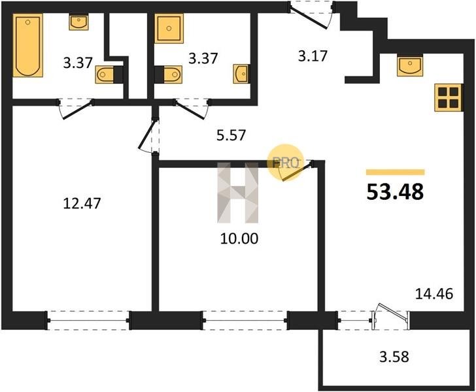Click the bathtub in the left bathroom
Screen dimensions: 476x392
point(27,45)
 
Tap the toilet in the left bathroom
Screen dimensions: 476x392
point(109,74)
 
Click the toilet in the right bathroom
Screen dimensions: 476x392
point(168,74)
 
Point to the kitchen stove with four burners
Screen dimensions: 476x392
point(448,98)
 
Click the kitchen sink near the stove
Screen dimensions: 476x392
point(410,65)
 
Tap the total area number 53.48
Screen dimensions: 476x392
point(395,192)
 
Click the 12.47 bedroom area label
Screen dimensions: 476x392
point(82,203)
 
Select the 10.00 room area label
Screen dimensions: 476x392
point(239,238)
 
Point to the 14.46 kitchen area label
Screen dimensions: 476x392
point(433,294)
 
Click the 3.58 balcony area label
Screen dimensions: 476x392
point(394,357)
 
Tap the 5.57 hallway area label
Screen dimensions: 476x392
point(231,135)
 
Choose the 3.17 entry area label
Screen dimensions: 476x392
point(313,56)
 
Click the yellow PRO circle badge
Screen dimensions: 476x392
point(285,163)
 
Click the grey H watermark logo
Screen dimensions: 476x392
point(238,193)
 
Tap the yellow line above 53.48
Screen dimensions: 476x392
point(395,172)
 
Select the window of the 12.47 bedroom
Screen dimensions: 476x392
point(88,320)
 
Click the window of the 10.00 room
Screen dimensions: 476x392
point(245,320)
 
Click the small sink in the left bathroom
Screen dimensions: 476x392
point(78,22)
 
